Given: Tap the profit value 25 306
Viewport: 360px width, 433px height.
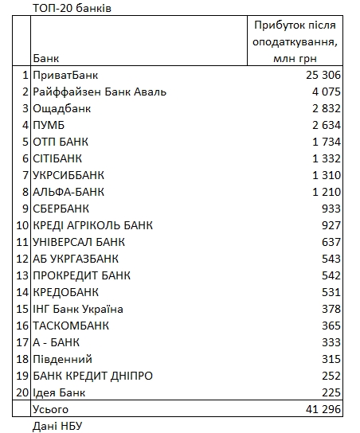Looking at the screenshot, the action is pyautogui.click(x=322, y=75).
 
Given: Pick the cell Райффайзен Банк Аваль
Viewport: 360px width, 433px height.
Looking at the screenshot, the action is pyautogui.click(x=100, y=92).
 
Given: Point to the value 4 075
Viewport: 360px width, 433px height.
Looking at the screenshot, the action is pyautogui.click(x=327, y=92).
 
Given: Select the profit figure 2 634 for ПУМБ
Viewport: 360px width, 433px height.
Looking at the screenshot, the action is pyautogui.click(x=327, y=125).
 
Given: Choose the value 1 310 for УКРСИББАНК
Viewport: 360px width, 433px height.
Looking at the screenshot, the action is pyautogui.click(x=327, y=175).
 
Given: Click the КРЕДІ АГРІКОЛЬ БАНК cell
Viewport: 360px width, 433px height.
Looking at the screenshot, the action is pyautogui.click(x=92, y=225).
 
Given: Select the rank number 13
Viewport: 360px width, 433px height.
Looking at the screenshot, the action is pyautogui.click(x=22, y=275).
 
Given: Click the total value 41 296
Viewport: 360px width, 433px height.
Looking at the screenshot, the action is pyautogui.click(x=323, y=409).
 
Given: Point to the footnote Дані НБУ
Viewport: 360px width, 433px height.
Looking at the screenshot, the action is pyautogui.click(x=58, y=426).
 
